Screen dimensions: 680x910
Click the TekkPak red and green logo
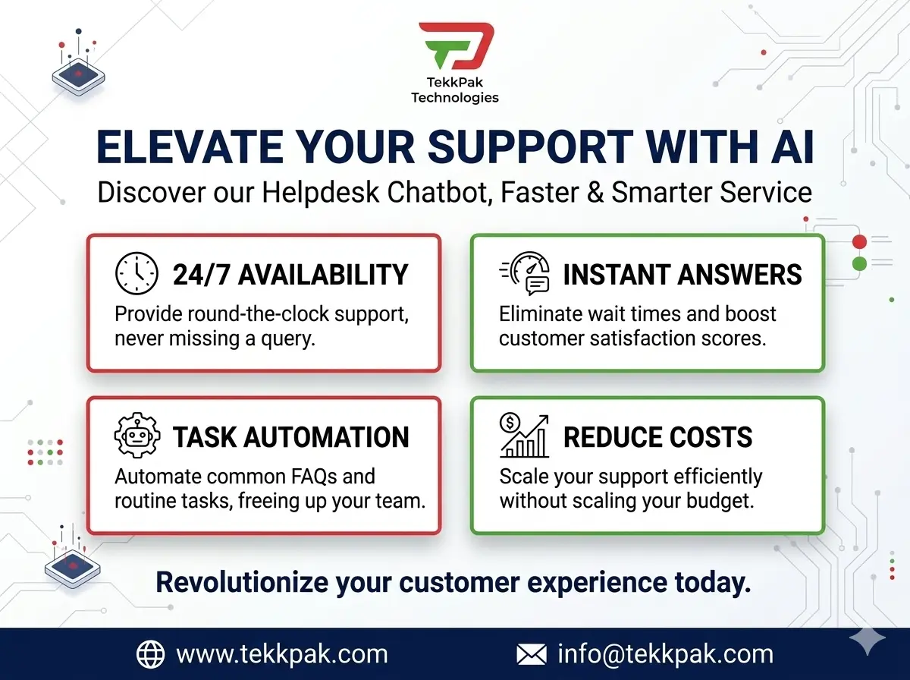click(455, 49)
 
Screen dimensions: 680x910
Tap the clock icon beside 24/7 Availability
click(136, 274)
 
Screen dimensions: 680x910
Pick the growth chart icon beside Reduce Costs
click(525, 436)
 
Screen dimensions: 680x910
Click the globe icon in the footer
click(150, 654)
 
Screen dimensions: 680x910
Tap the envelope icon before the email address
click(532, 654)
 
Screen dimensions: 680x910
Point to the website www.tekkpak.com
click(281, 654)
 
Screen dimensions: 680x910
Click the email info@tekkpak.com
click(665, 654)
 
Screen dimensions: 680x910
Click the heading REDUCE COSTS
click(658, 437)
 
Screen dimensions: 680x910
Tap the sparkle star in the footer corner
click(868, 643)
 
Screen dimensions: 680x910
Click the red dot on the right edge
click(859, 242)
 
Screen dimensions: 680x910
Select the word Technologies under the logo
click(455, 97)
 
